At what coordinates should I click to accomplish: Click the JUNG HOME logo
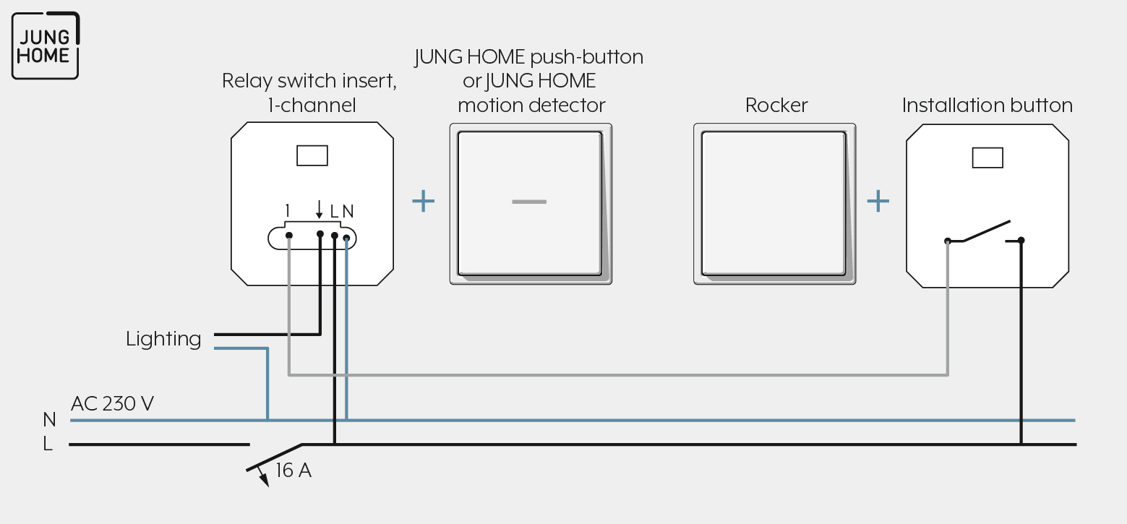pyautogui.click(x=46, y=46)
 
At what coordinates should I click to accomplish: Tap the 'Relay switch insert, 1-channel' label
pyautogui.click(x=309, y=93)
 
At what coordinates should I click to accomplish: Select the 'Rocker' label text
pyautogui.click(x=776, y=105)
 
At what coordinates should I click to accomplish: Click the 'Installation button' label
pyautogui.click(x=987, y=105)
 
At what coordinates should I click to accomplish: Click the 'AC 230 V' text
pyautogui.click(x=112, y=403)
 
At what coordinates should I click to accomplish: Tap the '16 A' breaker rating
pyautogui.click(x=293, y=471)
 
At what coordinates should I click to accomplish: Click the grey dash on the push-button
pyautogui.click(x=529, y=202)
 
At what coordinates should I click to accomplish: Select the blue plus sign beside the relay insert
pyautogui.click(x=423, y=201)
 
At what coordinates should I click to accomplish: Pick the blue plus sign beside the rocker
pyautogui.click(x=878, y=201)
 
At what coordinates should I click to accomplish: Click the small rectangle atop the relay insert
pyautogui.click(x=312, y=155)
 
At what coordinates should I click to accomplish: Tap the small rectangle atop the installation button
pyautogui.click(x=987, y=158)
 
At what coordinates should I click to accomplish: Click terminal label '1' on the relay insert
pyautogui.click(x=287, y=211)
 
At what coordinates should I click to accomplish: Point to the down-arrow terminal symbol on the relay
pyautogui.click(x=319, y=209)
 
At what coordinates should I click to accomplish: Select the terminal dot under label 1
pyautogui.click(x=288, y=236)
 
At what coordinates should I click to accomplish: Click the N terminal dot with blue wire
pyautogui.click(x=346, y=238)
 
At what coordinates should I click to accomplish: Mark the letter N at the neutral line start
pyautogui.click(x=49, y=419)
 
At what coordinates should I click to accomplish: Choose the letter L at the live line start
pyautogui.click(x=48, y=444)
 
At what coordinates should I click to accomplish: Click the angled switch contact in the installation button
pyautogui.click(x=986, y=231)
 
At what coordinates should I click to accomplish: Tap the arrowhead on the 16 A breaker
pyautogui.click(x=264, y=479)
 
